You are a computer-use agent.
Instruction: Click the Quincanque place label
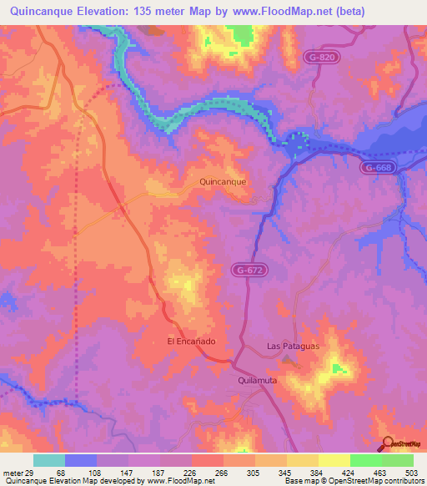225,180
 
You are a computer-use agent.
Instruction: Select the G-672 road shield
247,268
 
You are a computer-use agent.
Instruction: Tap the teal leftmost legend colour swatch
49,460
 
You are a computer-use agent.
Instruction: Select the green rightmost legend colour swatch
397,460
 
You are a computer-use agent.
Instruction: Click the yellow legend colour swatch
334,460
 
